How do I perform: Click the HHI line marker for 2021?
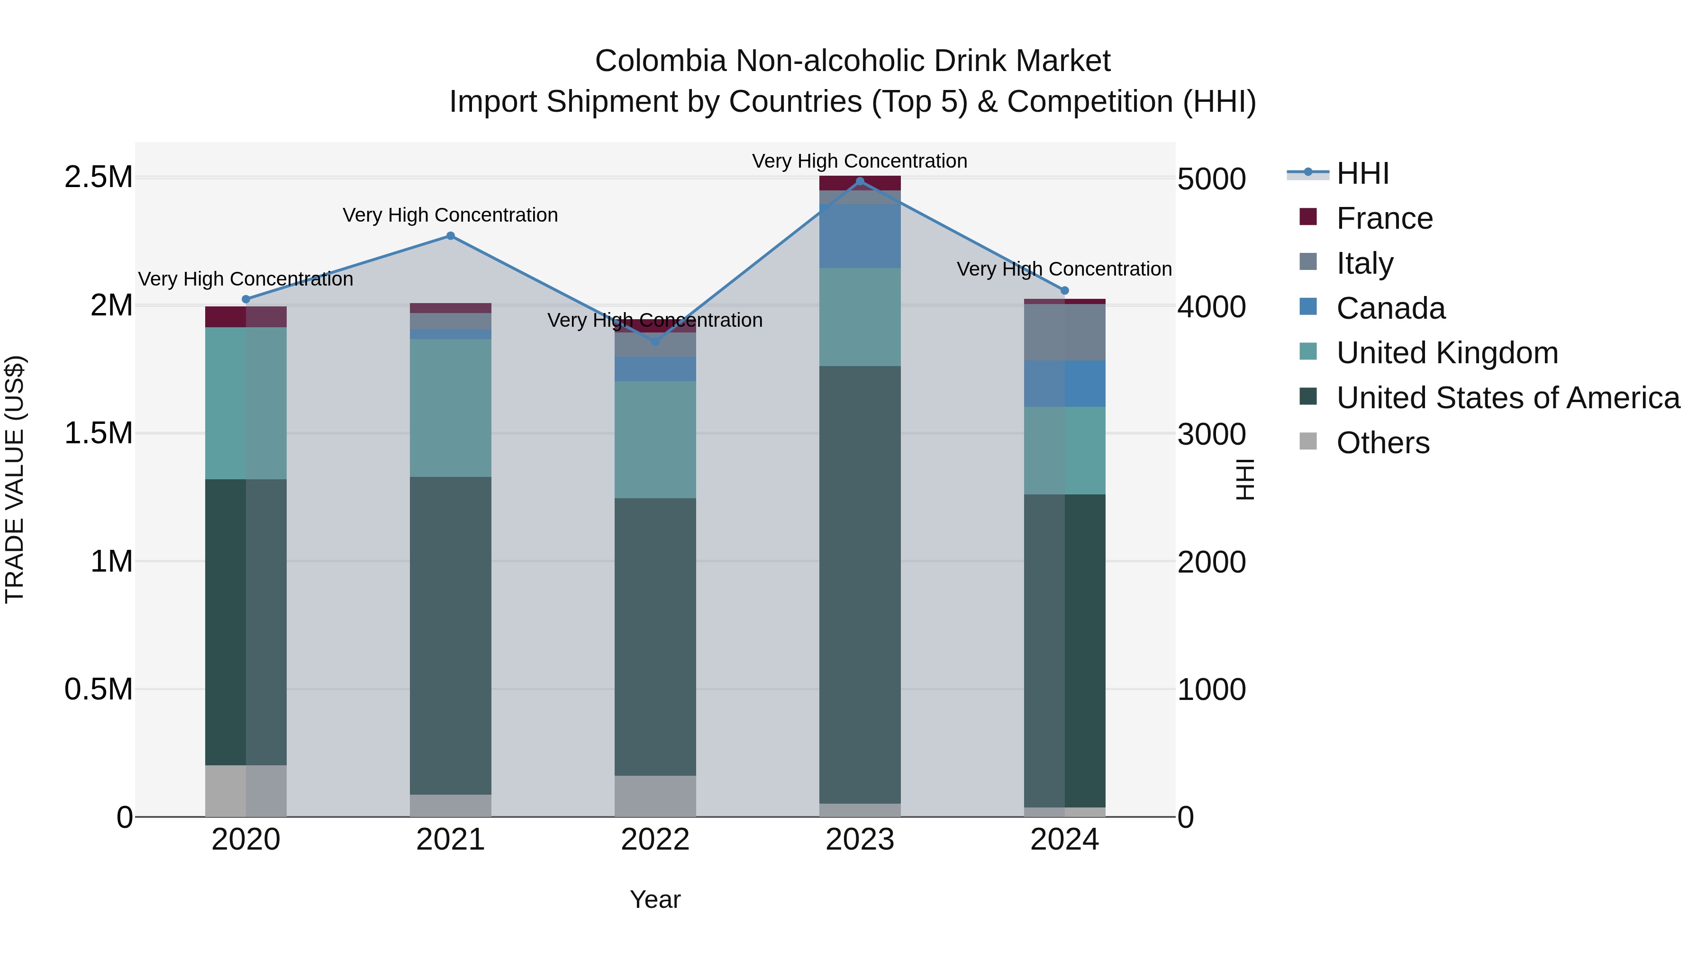click(x=450, y=236)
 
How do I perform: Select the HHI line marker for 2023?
click(x=860, y=181)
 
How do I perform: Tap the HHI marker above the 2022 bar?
click(x=655, y=341)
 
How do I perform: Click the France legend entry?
click(x=1384, y=218)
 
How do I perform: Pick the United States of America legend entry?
click(x=1507, y=398)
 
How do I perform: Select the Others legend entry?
click(x=1382, y=443)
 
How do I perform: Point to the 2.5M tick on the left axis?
click(x=98, y=178)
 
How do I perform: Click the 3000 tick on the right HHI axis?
click(x=1211, y=434)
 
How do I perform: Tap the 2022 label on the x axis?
click(x=655, y=840)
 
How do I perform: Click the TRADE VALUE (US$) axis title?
click(x=15, y=479)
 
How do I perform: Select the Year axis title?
click(x=655, y=899)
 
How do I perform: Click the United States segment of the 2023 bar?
click(x=860, y=583)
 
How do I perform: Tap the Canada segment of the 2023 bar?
click(x=860, y=236)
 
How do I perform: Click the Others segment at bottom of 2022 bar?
click(x=655, y=796)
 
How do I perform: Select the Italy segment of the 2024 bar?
click(x=1064, y=332)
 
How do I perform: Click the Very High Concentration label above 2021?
click(x=450, y=215)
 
